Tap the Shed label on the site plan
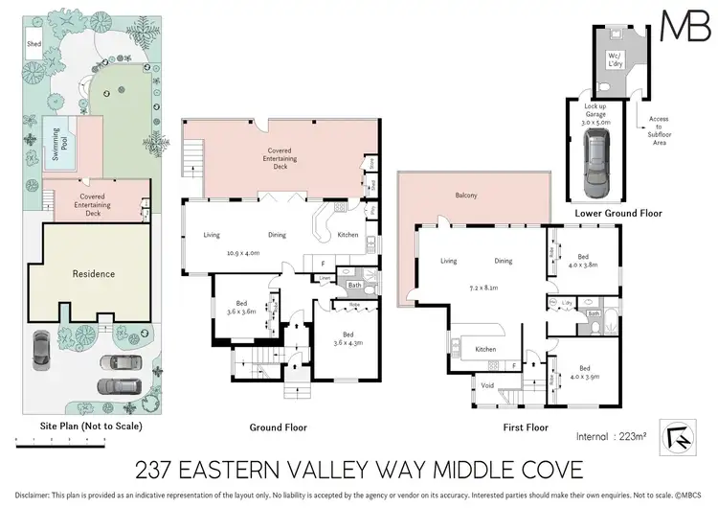[x=34, y=44]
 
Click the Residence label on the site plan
[x=94, y=274]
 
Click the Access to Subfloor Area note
[x=658, y=127]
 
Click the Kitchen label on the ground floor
[x=348, y=235]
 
